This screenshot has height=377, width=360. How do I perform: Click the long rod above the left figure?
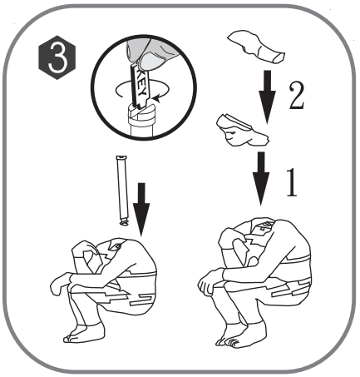coord(121,191)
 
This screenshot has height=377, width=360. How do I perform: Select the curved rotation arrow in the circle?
coord(125,89)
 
